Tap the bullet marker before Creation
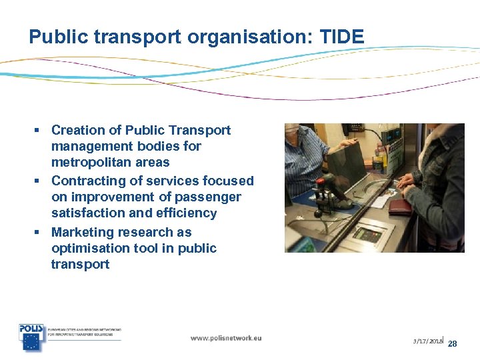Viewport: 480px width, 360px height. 41,130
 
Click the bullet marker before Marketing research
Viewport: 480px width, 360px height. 41,232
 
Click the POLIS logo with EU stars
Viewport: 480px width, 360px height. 31,337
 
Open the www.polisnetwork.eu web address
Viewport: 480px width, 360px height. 226,338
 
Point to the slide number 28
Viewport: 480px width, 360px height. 452,343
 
